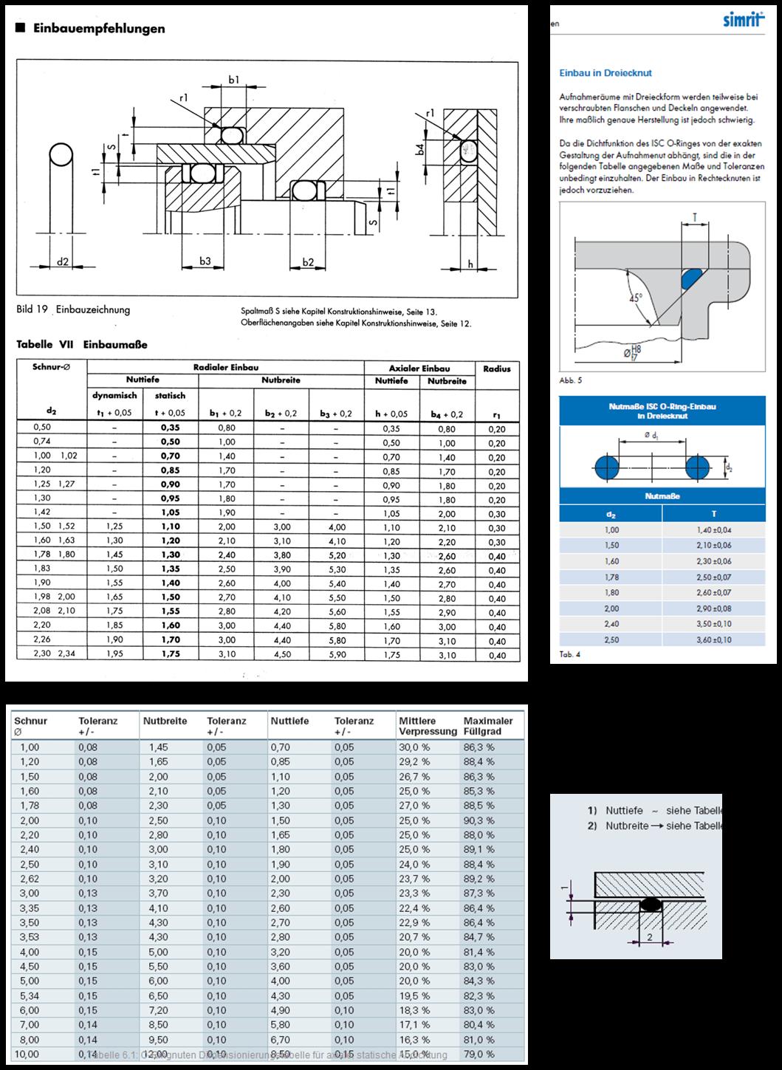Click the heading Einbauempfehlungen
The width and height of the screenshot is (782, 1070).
[x=97, y=29]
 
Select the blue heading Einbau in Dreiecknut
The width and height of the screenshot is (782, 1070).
[x=606, y=73]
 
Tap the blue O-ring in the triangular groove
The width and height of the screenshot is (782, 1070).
[x=692, y=278]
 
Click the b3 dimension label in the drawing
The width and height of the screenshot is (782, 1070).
[x=205, y=261]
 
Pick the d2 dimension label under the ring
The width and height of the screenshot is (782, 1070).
[x=63, y=261]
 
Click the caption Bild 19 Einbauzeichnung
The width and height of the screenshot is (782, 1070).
[x=73, y=309]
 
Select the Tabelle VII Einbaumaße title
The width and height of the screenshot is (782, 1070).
[x=82, y=344]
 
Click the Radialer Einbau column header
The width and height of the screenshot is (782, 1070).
[x=225, y=367]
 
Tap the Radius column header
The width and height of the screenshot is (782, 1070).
[x=497, y=368]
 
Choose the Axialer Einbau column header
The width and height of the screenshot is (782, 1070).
[x=419, y=368]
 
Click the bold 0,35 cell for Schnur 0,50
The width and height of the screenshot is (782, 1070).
[x=170, y=428]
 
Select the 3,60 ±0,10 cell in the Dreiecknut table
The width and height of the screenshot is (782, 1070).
[x=713, y=639]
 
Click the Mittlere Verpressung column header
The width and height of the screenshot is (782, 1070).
[x=428, y=726]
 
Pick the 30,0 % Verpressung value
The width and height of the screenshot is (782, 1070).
[x=414, y=747]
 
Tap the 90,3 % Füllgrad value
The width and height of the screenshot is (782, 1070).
[x=479, y=820]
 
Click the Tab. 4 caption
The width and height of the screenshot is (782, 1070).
[x=569, y=654]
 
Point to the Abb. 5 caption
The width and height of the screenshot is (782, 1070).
[x=571, y=380]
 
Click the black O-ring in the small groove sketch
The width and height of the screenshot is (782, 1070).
[x=651, y=904]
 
